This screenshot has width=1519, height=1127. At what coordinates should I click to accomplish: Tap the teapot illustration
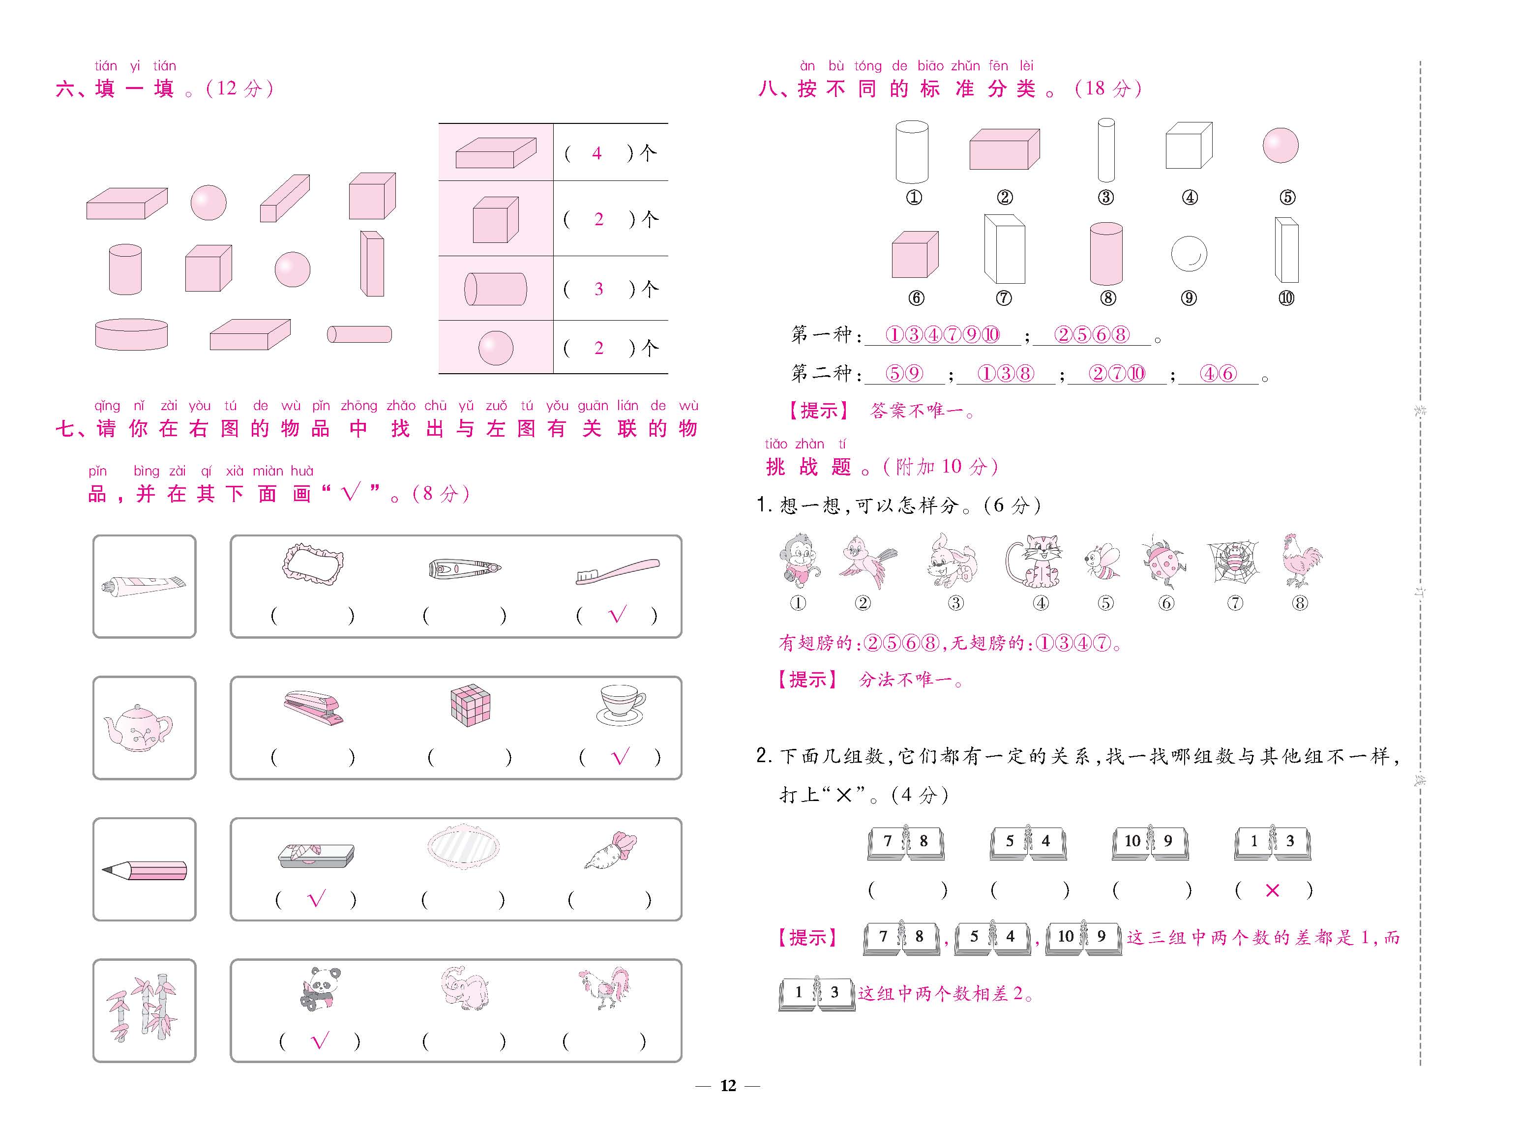click(x=138, y=729)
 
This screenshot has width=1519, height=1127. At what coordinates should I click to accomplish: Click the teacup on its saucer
click(x=621, y=705)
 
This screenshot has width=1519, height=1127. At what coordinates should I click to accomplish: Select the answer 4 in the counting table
click(x=597, y=153)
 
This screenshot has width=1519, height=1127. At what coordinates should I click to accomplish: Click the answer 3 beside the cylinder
click(x=598, y=289)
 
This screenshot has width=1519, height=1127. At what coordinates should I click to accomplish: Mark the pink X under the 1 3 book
click(x=1272, y=890)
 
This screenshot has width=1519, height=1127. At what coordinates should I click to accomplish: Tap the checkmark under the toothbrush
click(x=617, y=615)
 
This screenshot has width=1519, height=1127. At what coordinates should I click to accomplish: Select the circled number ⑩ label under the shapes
click(x=1286, y=298)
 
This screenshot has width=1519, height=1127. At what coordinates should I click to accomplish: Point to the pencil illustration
click(x=144, y=870)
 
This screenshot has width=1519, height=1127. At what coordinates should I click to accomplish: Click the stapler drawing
click(x=314, y=708)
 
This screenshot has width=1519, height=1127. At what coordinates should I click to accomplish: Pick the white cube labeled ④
click(x=1189, y=146)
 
